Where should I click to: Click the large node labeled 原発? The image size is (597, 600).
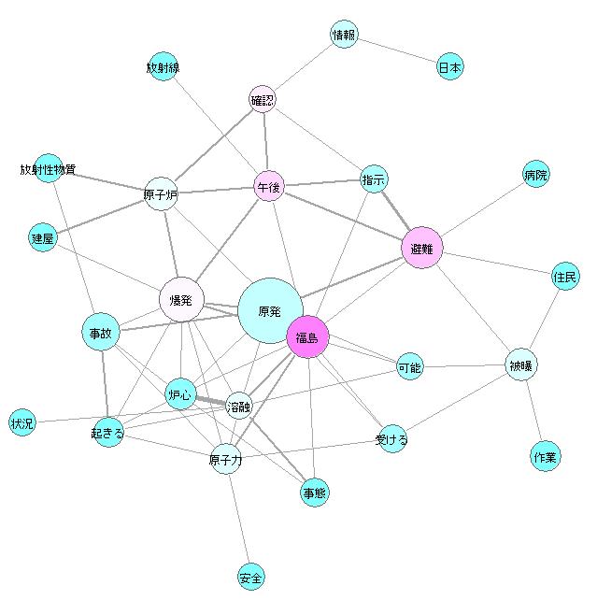pos(270,311)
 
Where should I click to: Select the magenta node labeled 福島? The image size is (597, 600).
pos(307,337)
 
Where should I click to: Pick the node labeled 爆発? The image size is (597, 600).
pos(181,300)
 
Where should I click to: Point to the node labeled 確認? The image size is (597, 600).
pos(263,98)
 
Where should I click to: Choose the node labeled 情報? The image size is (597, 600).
pos(345,36)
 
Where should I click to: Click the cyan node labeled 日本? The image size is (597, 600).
pos(450,67)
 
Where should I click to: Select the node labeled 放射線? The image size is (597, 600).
pos(163,66)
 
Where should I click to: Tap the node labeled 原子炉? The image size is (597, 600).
pos(161,194)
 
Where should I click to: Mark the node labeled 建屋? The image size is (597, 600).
pos(43,238)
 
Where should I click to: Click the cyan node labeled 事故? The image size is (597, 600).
pos(101,332)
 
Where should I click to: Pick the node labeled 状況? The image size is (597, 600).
pos(21,422)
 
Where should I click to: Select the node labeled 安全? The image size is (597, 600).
pos(250,577)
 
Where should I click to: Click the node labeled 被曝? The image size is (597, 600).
pos(521,364)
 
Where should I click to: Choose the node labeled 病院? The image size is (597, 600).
pos(535,174)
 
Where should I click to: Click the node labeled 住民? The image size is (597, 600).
pos(565,276)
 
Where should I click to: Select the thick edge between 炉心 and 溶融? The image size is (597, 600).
pos(211,400)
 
